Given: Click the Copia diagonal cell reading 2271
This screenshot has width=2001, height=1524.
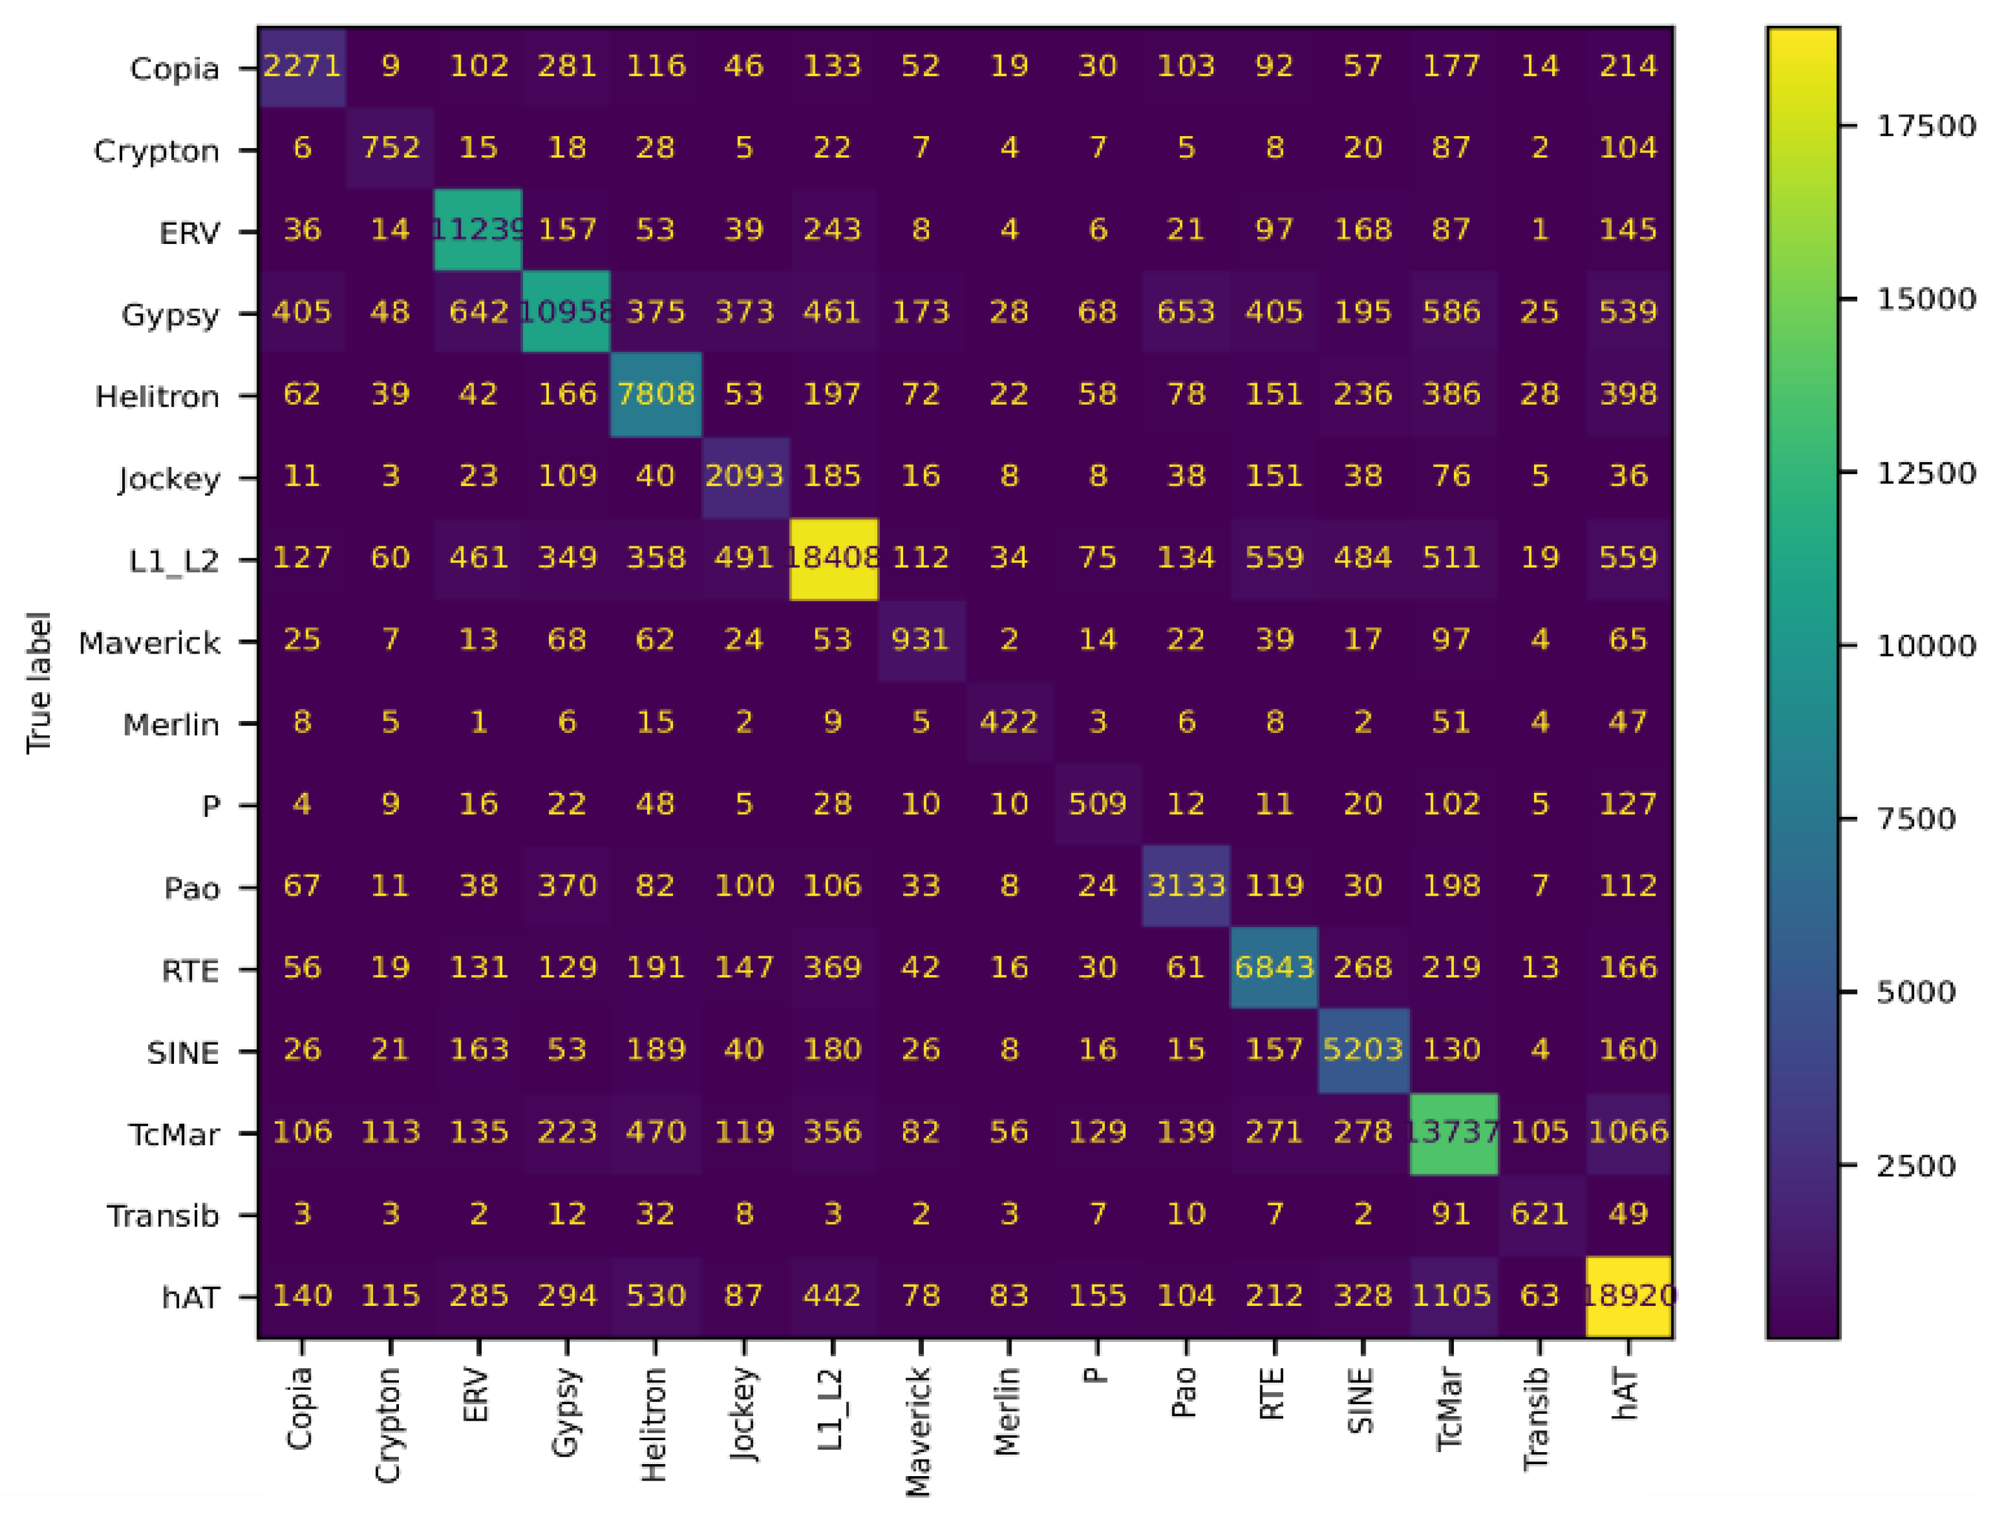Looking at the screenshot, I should (302, 66).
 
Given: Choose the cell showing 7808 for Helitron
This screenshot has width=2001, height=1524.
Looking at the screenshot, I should (656, 394).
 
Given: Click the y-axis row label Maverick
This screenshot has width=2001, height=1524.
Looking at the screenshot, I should (149, 643).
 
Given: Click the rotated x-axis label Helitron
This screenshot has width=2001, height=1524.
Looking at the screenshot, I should (654, 1424).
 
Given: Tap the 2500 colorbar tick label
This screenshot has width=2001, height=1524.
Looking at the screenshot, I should (1916, 1165).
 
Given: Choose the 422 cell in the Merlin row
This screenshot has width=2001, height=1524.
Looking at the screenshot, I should (1008, 722).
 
